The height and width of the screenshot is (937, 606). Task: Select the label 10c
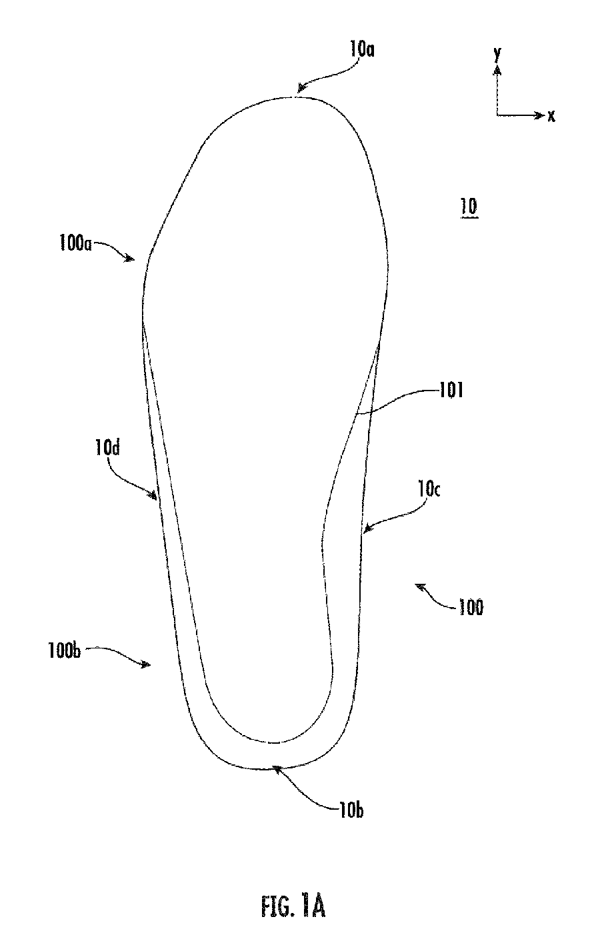[x=429, y=488]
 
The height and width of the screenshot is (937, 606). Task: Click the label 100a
[x=75, y=243]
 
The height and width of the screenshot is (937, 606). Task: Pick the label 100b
[x=64, y=651]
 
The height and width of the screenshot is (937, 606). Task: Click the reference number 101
[x=451, y=391]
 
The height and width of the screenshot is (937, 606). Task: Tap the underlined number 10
[x=469, y=207]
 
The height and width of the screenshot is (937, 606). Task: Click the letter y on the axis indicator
[x=497, y=54]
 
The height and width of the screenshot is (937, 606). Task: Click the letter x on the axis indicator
[x=551, y=116]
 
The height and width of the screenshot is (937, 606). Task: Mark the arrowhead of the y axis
[x=497, y=69]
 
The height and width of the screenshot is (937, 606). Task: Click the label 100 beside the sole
[x=471, y=607]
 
